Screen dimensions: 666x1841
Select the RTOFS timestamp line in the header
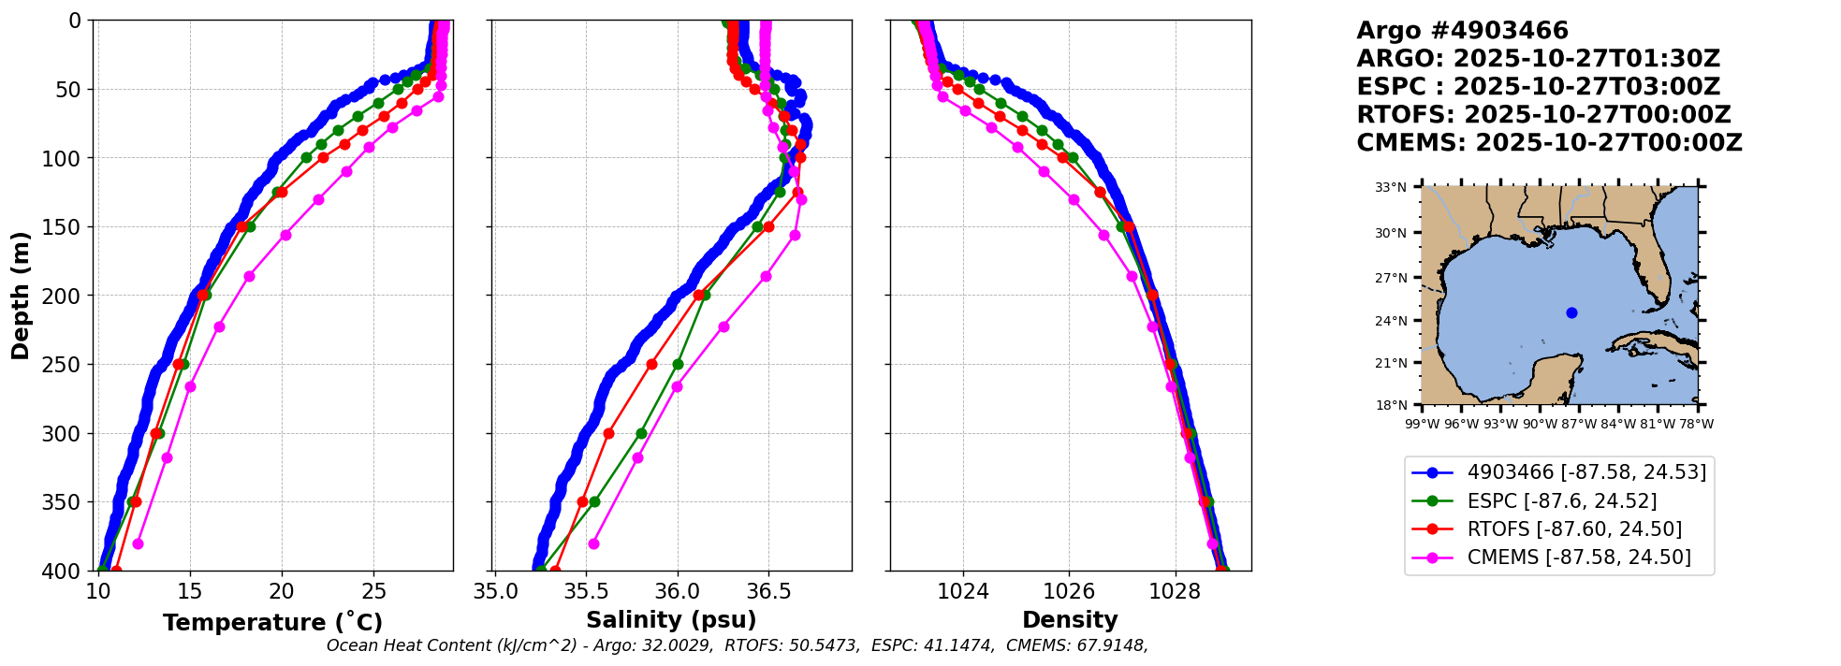1543,115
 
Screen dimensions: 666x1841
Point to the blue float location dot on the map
1571,312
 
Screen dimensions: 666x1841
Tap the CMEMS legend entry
1578,557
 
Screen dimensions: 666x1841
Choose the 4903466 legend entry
1585,472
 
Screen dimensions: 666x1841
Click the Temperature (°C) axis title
272,622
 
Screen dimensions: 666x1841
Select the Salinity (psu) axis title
671,620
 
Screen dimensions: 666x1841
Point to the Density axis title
1070,620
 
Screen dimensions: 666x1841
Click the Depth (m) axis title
21,295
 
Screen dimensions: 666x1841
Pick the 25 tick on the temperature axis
373,591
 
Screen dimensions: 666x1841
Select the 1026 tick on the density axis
1069,591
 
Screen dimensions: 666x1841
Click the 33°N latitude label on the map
1391,187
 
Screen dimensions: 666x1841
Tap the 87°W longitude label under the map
1579,424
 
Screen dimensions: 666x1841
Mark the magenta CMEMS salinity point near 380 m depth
593,543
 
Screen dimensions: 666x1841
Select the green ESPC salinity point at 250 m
678,364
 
